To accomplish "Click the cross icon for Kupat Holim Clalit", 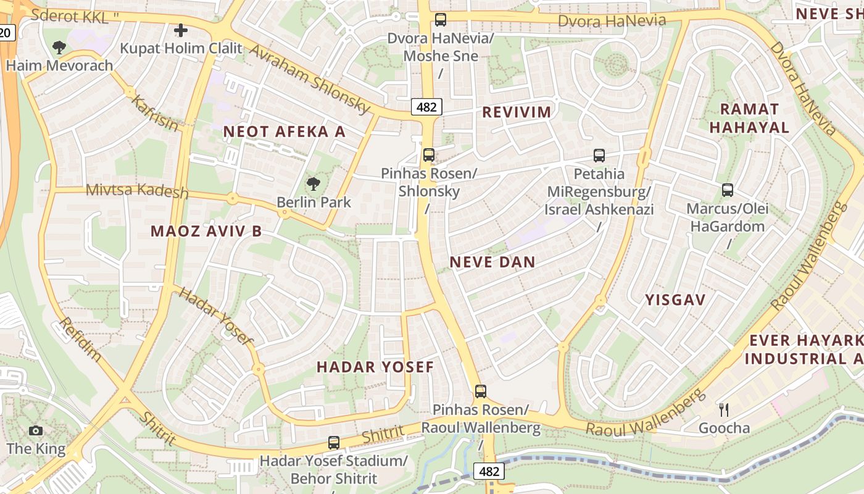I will pyautogui.click(x=180, y=30).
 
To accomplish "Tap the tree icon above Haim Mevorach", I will pyautogui.click(x=59, y=47).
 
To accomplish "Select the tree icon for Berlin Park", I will pyautogui.click(x=314, y=183).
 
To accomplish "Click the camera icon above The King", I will pyautogui.click(x=36, y=430).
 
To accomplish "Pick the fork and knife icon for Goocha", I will pyautogui.click(x=724, y=409).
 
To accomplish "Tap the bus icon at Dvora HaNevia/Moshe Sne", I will pyautogui.click(x=441, y=20).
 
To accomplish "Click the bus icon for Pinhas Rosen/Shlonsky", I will pyautogui.click(x=429, y=155).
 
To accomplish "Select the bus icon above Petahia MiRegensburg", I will pyautogui.click(x=599, y=156).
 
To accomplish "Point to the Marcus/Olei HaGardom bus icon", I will pyautogui.click(x=728, y=190).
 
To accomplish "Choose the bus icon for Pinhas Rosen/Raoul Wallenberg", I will pyautogui.click(x=480, y=391).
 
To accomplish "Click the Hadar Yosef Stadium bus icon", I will pyautogui.click(x=334, y=442).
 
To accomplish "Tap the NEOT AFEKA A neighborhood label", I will pyautogui.click(x=285, y=132).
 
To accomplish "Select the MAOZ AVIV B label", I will pyautogui.click(x=206, y=232).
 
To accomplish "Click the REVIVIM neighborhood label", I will pyautogui.click(x=517, y=112).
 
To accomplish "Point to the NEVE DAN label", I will pyautogui.click(x=492, y=262).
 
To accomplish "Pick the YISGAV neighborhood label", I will pyautogui.click(x=675, y=300).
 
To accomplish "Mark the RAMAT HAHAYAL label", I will pyautogui.click(x=749, y=119).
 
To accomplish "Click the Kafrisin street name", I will pyautogui.click(x=155, y=113).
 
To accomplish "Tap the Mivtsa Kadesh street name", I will pyautogui.click(x=137, y=191).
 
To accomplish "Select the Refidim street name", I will pyautogui.click(x=80, y=339).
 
